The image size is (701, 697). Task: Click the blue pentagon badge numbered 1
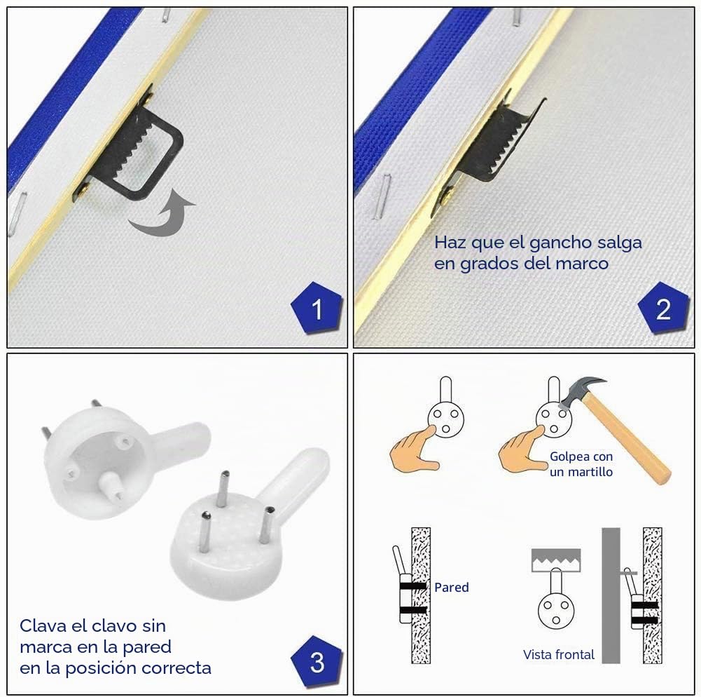point(317,309)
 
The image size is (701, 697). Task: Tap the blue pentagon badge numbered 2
point(663,309)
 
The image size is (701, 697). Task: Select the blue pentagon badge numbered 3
point(317,662)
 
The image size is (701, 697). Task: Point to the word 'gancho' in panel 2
point(553,243)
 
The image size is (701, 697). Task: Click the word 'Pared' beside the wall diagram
point(452,587)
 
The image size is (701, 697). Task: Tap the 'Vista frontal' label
point(559,654)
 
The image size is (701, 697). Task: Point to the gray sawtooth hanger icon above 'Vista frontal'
point(556,560)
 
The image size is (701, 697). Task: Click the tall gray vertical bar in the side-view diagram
point(611,595)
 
